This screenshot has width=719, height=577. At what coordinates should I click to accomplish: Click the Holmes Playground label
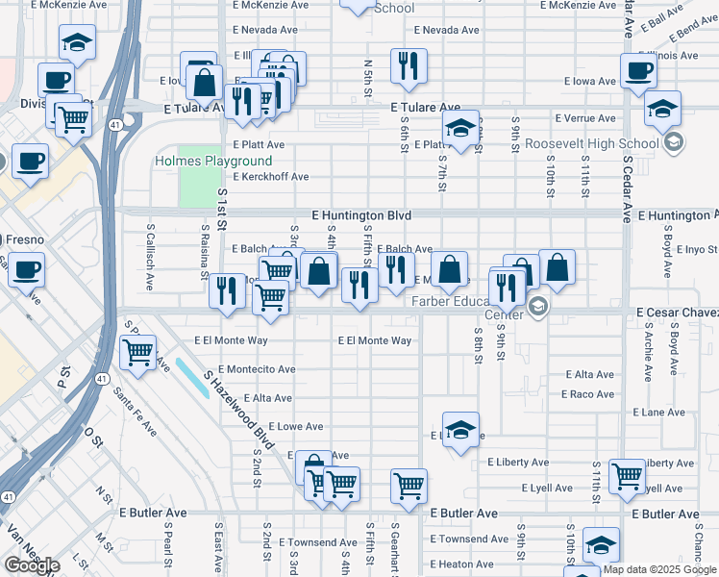pos(213,162)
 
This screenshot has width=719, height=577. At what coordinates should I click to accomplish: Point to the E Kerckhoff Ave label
pos(264,177)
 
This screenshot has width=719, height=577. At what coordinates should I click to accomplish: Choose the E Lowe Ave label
pos(296,426)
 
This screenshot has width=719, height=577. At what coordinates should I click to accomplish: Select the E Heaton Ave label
pos(461,564)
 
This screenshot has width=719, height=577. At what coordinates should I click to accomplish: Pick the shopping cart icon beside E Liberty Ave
pos(628,475)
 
